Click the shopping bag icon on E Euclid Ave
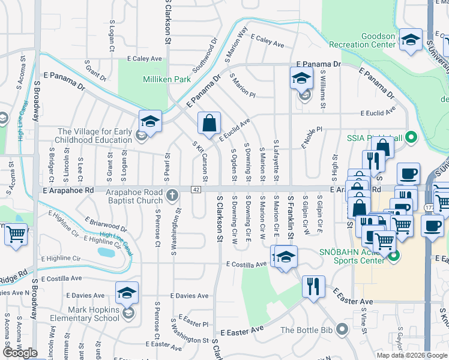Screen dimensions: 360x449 pyautogui.click(x=208, y=124)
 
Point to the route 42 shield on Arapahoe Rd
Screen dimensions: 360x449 pyautogui.click(x=196, y=190)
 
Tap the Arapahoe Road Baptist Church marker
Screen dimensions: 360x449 pyautogui.click(x=172, y=194)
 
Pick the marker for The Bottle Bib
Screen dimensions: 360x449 pyautogui.click(x=342, y=329)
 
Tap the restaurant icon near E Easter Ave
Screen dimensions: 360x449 pyautogui.click(x=313, y=286)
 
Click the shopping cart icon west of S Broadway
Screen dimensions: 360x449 pyautogui.click(x=17, y=234)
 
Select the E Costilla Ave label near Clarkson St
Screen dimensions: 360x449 pyautogui.click(x=246, y=264)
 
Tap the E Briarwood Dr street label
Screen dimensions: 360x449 pyautogui.click(x=106, y=224)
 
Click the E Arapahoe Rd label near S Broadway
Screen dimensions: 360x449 pyautogui.click(x=70, y=190)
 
